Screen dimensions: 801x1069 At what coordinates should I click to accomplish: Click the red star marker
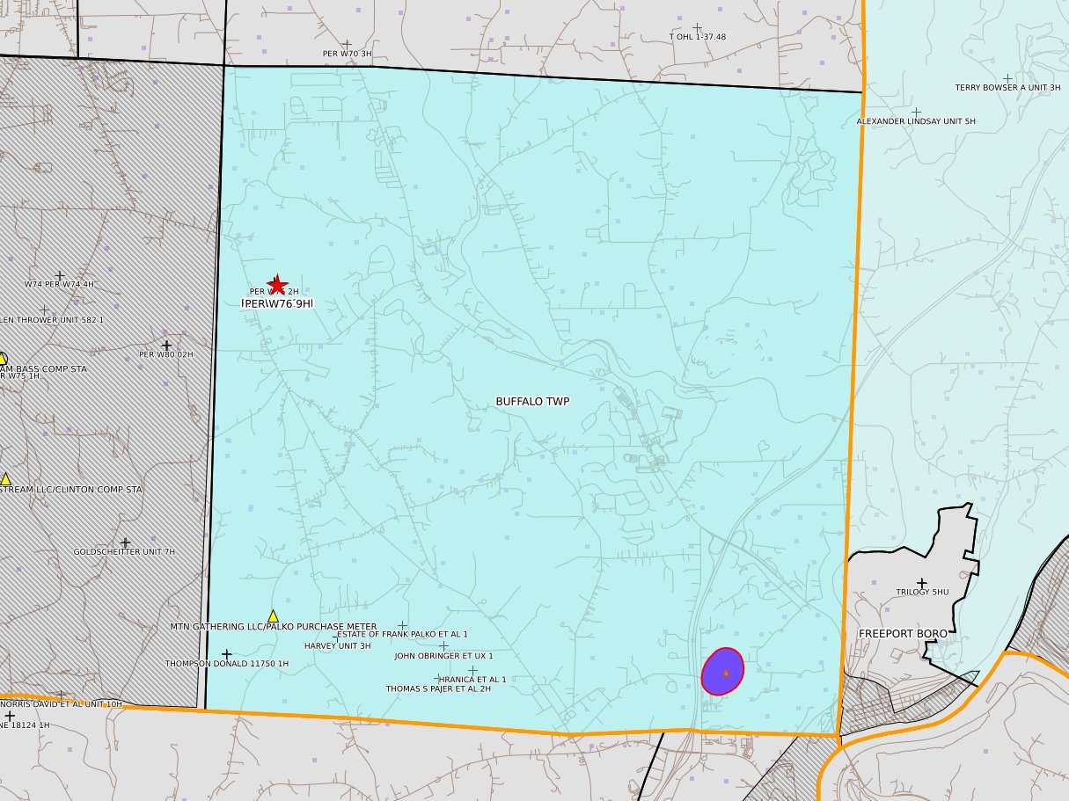pyautogui.click(x=277, y=284)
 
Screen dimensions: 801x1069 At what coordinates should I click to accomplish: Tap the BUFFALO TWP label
pyautogui.click(x=532, y=402)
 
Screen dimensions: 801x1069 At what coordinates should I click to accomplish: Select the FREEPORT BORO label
pyautogui.click(x=903, y=633)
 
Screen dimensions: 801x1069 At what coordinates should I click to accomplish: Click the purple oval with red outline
pyautogui.click(x=723, y=672)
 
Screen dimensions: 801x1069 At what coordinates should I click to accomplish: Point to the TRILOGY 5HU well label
pyautogui.click(x=922, y=593)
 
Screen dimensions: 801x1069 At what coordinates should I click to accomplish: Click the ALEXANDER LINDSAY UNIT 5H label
pyautogui.click(x=916, y=121)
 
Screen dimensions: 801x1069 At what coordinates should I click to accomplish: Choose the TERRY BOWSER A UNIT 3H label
pyautogui.click(x=1007, y=88)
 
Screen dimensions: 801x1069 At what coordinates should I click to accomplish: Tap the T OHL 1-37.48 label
pyautogui.click(x=698, y=37)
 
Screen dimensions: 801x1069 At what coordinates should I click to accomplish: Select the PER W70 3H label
pyautogui.click(x=347, y=54)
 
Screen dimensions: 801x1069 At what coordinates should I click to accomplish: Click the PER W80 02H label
pyautogui.click(x=165, y=354)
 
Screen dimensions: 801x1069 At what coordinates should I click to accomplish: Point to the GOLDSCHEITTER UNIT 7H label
pyautogui.click(x=124, y=552)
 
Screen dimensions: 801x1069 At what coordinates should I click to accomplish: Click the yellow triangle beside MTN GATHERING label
pyautogui.click(x=273, y=615)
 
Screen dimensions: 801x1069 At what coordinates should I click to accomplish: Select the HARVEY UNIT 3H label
pyautogui.click(x=337, y=646)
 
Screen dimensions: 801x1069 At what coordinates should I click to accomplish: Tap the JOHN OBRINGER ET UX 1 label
pyautogui.click(x=443, y=656)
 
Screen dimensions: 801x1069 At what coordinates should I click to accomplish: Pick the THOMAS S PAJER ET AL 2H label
pyautogui.click(x=438, y=689)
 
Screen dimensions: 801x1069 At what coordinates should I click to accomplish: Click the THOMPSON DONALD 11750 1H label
pyautogui.click(x=227, y=664)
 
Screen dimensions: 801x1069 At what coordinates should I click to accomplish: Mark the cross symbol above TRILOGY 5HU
pyautogui.click(x=922, y=582)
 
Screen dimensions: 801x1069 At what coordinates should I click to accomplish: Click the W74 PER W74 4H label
pyautogui.click(x=59, y=285)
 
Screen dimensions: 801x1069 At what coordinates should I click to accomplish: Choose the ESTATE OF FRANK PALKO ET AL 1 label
pyautogui.click(x=403, y=634)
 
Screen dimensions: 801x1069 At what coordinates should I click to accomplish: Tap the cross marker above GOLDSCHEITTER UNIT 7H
pyautogui.click(x=125, y=542)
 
